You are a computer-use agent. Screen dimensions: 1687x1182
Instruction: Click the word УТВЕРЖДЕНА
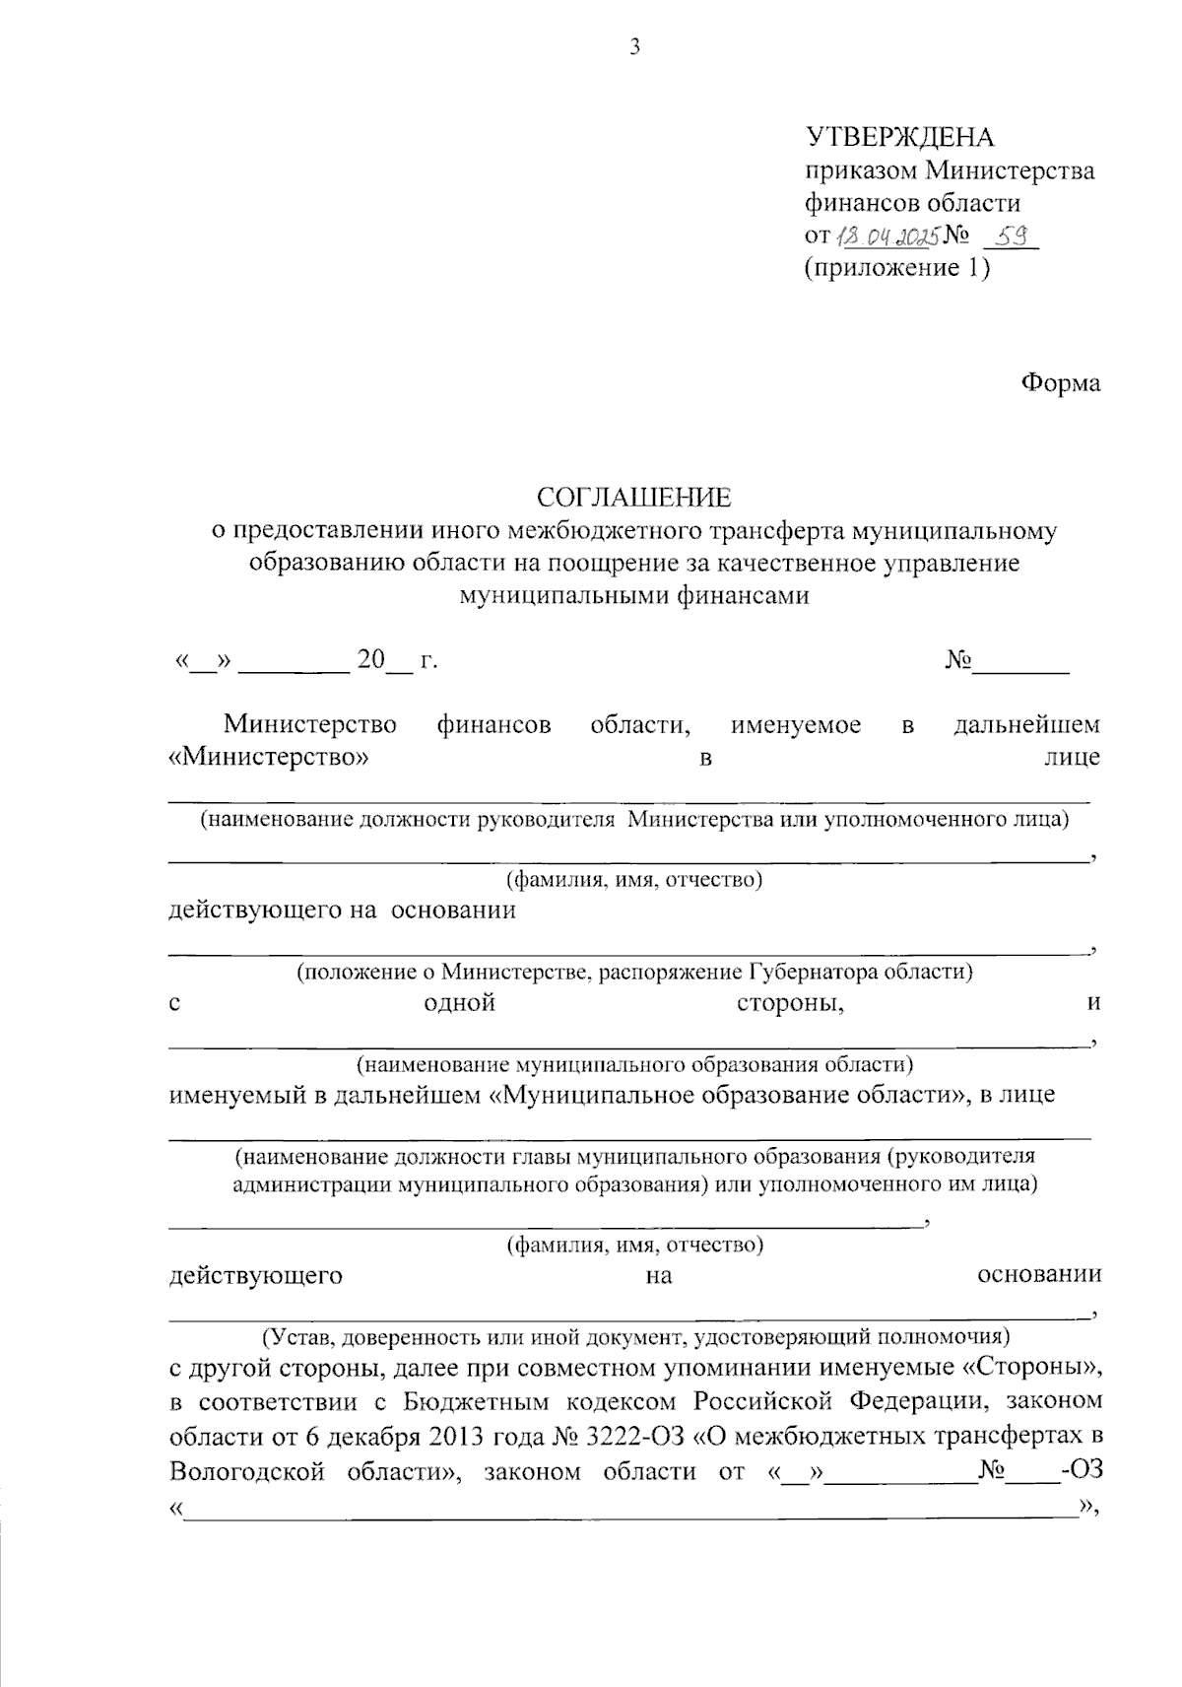click(900, 138)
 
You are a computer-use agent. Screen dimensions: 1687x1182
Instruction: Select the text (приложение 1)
click(896, 268)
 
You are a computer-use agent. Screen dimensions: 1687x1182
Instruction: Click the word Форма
click(1060, 383)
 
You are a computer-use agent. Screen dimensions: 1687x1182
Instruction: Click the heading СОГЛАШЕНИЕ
click(634, 498)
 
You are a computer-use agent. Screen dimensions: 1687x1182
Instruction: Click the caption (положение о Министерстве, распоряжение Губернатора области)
click(635, 973)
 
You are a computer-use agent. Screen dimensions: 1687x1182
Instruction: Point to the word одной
click(459, 1004)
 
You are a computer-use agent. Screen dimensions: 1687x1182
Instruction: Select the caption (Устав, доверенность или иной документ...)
click(635, 1337)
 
